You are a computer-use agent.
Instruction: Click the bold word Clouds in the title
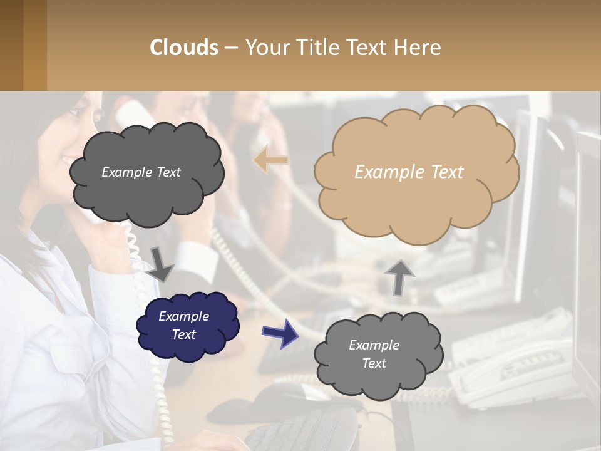(184, 48)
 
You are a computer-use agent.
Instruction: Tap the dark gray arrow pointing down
(160, 264)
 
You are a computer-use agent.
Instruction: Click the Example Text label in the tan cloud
(409, 172)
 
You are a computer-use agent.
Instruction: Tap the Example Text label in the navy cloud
(183, 325)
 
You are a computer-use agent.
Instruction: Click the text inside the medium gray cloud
(374, 354)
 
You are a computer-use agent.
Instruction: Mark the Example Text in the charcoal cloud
(141, 172)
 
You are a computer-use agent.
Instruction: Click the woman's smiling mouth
(67, 162)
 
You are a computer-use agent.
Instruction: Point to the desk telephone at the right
(513, 370)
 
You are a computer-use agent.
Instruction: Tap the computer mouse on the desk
(282, 394)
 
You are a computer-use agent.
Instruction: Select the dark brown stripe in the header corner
(11, 45)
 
